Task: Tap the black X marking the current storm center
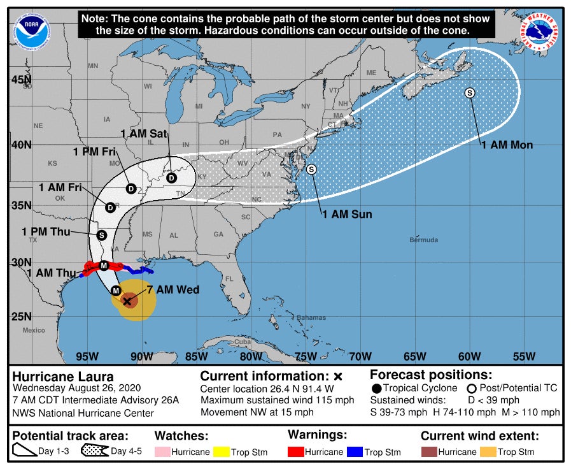click(127, 301)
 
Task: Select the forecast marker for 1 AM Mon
click(470, 93)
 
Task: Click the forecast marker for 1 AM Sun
click(311, 169)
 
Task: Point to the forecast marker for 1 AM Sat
click(171, 178)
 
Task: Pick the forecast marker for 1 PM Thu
click(101, 235)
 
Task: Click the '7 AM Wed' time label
click(173, 290)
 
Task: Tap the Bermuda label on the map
click(424, 240)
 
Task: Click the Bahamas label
click(311, 317)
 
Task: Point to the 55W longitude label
click(524, 356)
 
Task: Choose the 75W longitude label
click(306, 356)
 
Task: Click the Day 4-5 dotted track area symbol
click(94, 452)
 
